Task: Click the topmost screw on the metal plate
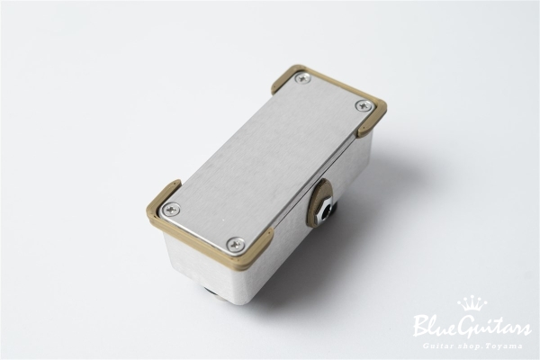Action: [302, 78]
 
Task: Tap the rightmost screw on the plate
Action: [363, 105]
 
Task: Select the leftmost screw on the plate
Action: [171, 210]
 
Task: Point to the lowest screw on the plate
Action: [236, 244]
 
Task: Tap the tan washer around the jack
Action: [319, 203]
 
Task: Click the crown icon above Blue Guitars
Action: [472, 303]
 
